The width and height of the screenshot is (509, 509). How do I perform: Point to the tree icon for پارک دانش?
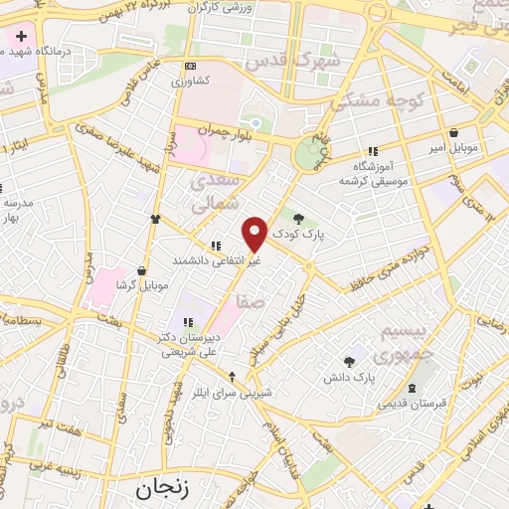click(x=349, y=362)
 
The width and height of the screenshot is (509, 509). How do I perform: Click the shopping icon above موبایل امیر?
click(x=453, y=132)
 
